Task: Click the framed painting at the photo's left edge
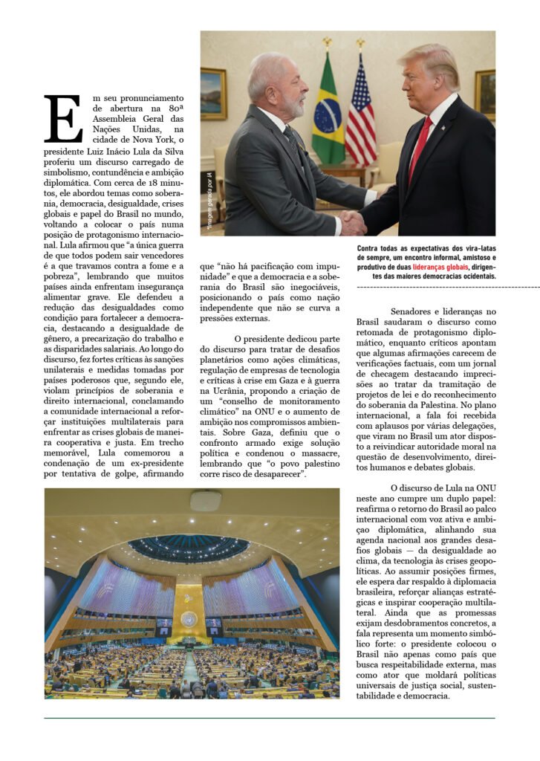click(x=213, y=94)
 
